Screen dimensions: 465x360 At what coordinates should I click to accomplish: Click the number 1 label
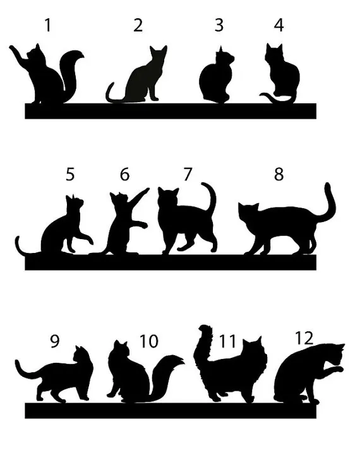coord(48,25)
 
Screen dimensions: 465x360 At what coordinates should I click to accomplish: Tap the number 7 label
coord(188,174)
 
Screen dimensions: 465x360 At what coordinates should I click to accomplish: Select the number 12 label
coord(304,338)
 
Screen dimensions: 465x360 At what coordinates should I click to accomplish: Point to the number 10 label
coord(149,341)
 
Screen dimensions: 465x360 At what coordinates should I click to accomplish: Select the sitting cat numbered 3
coord(217,78)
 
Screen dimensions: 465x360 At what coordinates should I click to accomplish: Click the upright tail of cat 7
coord(212,199)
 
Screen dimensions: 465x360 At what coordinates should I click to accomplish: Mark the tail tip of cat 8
coord(328,187)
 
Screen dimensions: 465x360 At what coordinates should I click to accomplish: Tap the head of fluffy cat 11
coord(253,350)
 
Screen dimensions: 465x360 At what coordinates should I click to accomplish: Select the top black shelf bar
coord(171,110)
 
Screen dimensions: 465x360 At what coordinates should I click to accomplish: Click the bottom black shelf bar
coord(171,410)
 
